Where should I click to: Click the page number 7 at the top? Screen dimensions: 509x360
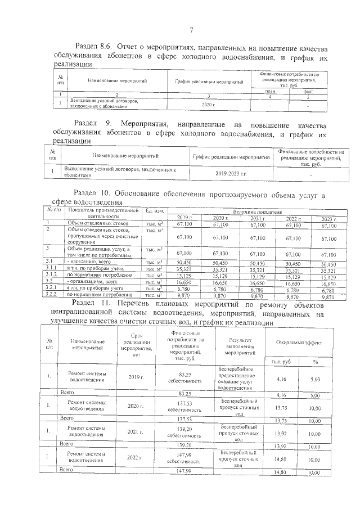[191, 30]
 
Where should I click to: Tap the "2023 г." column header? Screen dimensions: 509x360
[328, 218]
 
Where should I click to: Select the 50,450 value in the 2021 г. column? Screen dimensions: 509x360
[257, 262]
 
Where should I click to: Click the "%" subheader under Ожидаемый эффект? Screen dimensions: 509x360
[315, 361]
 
